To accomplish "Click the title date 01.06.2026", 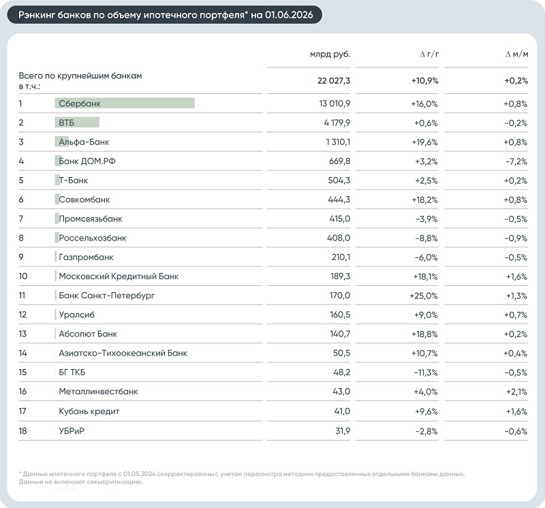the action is (x=289, y=14).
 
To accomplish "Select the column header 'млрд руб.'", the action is (x=330, y=54).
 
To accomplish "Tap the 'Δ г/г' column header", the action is (x=429, y=54).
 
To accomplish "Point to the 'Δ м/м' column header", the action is (x=516, y=54).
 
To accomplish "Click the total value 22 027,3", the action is (x=334, y=80).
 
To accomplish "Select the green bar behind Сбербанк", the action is (x=125, y=104).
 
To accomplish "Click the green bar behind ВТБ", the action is (x=77, y=123).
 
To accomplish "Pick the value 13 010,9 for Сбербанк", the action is (x=334, y=104).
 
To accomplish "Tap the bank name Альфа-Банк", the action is (x=84, y=142).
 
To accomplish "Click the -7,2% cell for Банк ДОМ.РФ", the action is (x=516, y=161).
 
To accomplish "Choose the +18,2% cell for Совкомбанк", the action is (x=424, y=200).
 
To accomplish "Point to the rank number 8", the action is (x=21, y=238).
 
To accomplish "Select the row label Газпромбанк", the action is (x=87, y=257).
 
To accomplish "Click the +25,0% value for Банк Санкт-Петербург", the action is (x=424, y=296).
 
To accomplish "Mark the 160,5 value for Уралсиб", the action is (x=340, y=315).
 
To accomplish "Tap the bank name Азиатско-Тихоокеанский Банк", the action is (x=123, y=353).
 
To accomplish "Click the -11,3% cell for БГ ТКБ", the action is (x=426, y=372).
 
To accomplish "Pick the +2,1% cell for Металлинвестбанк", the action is (x=517, y=392).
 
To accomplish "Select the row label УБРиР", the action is (x=72, y=431).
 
